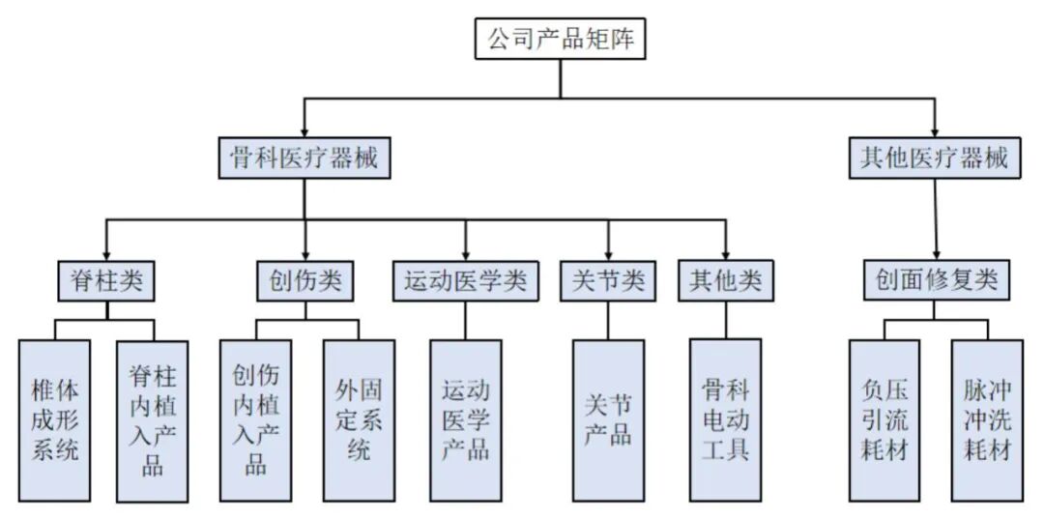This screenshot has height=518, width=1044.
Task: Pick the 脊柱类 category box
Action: pos(106,281)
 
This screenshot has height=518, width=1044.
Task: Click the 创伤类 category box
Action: pos(305,281)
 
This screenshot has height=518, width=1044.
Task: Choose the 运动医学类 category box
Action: pos(465,281)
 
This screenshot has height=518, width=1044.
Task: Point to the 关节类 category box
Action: pos(608,281)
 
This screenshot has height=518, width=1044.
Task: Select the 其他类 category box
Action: pos(726,281)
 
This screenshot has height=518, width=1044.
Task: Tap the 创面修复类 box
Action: pos(936,281)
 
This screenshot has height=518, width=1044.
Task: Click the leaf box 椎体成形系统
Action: pos(55,419)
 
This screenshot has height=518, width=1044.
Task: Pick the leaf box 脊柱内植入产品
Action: pos(153,419)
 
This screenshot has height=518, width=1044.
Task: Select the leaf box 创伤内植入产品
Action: pos(256,419)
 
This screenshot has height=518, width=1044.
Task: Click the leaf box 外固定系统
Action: pos(359,419)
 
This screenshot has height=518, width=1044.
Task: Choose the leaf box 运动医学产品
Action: pos(466,419)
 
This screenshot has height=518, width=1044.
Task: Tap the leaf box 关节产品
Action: pos(608,419)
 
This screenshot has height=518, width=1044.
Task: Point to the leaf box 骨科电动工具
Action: pos(726,419)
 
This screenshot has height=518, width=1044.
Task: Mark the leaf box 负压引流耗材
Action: pos(884,419)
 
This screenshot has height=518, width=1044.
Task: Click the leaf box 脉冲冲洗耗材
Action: pos(987,419)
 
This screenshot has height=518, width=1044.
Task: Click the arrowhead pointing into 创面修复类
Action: pos(936,254)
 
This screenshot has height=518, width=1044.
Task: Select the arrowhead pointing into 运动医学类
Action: pos(465,254)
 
